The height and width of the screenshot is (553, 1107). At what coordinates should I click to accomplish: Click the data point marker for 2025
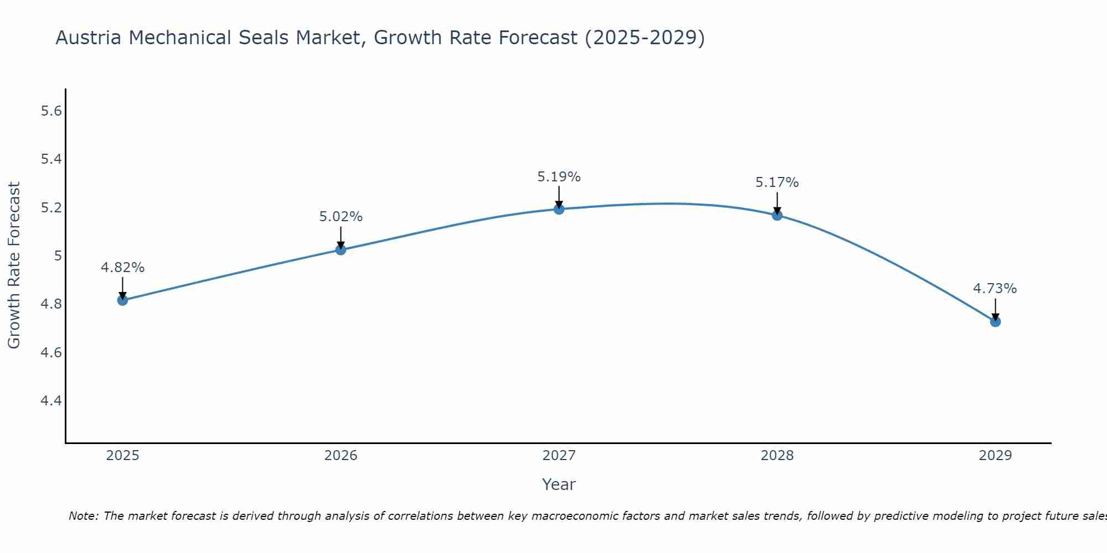click(x=122, y=300)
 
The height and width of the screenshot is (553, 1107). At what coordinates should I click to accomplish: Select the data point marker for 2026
click(x=340, y=250)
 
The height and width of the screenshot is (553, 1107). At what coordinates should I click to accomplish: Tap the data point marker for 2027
click(x=558, y=209)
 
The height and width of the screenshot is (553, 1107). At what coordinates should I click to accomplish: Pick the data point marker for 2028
click(x=777, y=215)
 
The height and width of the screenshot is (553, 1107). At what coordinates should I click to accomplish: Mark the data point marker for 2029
click(x=995, y=321)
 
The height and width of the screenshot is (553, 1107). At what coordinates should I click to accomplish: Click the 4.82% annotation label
click(x=122, y=268)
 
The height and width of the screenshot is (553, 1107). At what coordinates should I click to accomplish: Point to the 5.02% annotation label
click(x=340, y=217)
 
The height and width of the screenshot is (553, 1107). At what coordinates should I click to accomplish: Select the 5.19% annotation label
click(x=558, y=177)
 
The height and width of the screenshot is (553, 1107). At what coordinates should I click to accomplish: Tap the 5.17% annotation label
click(x=777, y=182)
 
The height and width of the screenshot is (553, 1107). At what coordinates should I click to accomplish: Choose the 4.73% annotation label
click(x=995, y=289)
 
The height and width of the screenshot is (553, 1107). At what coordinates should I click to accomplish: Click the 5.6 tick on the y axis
click(x=51, y=111)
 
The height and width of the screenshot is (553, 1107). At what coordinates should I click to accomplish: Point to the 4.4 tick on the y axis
click(x=51, y=400)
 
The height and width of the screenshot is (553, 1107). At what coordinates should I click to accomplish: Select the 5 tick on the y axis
click(x=58, y=256)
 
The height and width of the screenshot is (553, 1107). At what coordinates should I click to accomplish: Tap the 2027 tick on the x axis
click(x=558, y=456)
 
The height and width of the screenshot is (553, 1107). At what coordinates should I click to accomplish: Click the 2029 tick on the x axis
click(x=995, y=456)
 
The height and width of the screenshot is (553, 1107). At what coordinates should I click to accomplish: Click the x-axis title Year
click(x=558, y=484)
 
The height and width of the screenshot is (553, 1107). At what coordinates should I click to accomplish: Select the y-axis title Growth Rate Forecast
click(x=14, y=265)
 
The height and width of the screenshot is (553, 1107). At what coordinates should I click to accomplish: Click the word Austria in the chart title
click(x=88, y=38)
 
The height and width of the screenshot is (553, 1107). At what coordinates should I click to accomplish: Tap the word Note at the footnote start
click(x=83, y=516)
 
